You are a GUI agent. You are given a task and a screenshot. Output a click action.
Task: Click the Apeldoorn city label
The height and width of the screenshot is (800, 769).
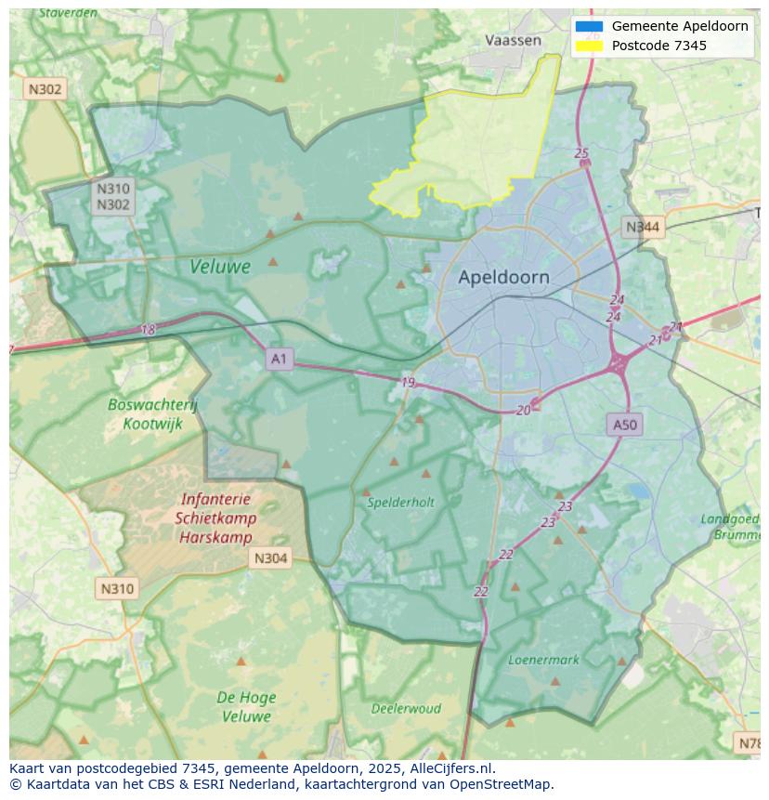(503, 277)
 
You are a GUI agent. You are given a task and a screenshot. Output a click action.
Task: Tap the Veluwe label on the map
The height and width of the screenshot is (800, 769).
(220, 267)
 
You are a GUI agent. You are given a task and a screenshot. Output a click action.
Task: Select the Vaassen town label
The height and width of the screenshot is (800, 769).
(513, 40)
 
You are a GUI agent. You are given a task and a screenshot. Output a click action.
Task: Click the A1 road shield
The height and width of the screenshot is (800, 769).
(280, 358)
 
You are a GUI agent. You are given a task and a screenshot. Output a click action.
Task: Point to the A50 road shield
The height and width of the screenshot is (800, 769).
(625, 425)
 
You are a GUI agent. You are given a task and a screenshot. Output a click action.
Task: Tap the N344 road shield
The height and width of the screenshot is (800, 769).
(643, 227)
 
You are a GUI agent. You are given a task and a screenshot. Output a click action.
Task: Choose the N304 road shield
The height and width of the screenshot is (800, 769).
(270, 558)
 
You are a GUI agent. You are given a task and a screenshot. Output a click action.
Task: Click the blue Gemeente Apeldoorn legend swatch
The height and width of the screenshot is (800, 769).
(589, 26)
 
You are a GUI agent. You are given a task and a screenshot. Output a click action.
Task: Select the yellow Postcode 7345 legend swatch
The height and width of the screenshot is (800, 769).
(589, 46)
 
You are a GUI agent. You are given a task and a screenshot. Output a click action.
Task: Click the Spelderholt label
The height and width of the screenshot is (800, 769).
(400, 502)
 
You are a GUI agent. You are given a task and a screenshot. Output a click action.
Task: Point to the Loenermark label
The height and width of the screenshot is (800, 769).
(543, 660)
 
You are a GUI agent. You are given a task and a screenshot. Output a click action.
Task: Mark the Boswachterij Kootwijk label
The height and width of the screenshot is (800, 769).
(152, 413)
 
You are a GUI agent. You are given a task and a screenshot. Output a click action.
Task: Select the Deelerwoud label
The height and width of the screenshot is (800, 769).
(406, 708)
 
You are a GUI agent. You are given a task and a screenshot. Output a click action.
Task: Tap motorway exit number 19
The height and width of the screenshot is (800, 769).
(408, 383)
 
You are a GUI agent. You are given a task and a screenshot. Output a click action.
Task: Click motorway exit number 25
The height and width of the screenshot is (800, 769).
(581, 153)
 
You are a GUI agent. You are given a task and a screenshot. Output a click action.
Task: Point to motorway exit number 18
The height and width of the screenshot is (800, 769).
(149, 330)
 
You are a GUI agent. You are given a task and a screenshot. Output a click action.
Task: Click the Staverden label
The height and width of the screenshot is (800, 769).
(70, 14)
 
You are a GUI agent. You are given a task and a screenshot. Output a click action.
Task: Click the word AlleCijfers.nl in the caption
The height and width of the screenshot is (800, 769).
(452, 768)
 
